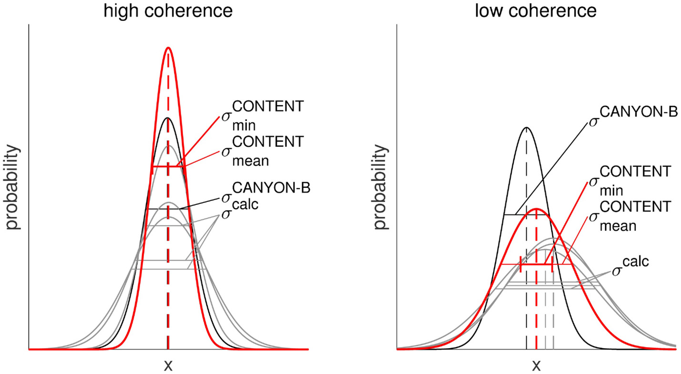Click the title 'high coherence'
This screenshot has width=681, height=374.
tap(168, 10)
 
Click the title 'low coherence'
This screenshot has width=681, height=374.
tap(536, 10)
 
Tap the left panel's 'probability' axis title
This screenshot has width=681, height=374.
tap(13, 188)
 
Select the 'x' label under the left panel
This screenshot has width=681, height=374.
tap(168, 365)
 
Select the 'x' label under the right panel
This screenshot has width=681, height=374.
tap(536, 365)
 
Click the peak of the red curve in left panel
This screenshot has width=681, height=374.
tap(168, 48)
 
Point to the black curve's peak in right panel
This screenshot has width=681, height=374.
tap(526, 127)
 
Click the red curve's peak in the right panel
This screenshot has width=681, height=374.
tap(537, 209)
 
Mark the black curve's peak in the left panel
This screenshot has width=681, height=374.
tap(168, 118)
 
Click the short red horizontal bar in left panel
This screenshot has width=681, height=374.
tap(168, 166)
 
